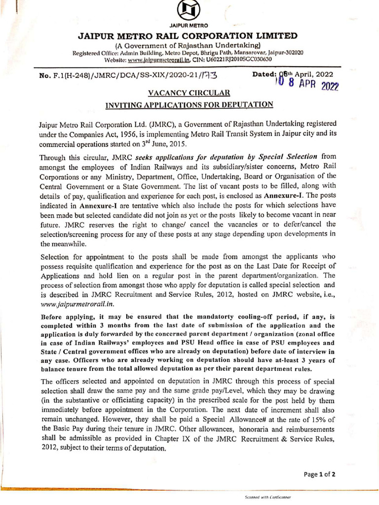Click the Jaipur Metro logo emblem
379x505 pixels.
[x=189, y=10]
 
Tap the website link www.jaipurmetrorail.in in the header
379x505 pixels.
[x=156, y=59]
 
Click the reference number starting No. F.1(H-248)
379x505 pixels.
[x=127, y=75]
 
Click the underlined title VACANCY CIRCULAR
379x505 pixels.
[x=189, y=92]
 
